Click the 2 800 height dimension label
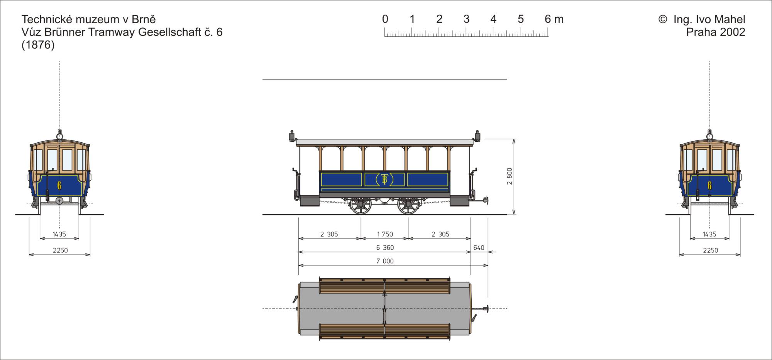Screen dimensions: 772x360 (510, 176)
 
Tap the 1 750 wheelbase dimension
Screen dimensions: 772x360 (385, 234)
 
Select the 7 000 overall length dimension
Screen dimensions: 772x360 (385, 261)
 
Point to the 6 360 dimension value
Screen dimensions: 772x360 (385, 248)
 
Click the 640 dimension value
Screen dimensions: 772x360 (479, 248)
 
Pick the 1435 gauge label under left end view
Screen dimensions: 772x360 (59, 234)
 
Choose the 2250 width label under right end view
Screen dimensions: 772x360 (710, 250)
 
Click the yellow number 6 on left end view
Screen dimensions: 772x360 (59, 186)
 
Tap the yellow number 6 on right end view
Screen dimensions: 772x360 (709, 186)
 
